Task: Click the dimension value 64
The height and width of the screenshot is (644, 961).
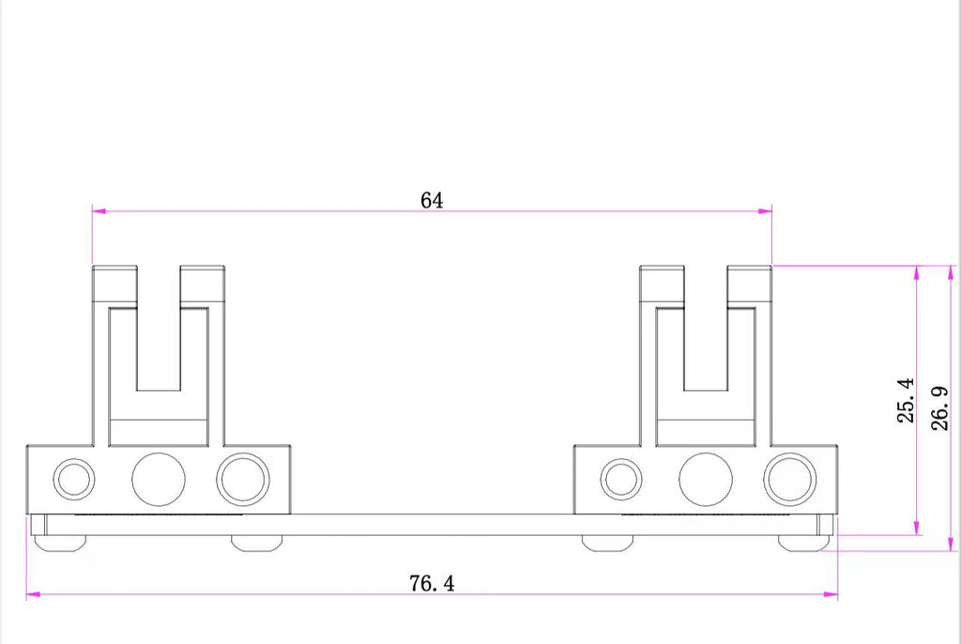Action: pos(432,200)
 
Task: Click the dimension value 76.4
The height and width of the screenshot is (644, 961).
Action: pos(432,583)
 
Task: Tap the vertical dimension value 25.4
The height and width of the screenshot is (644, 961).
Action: pos(906,400)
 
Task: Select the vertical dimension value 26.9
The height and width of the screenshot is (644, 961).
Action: pos(939,407)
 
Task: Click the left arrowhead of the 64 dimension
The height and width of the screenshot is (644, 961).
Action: pos(99,211)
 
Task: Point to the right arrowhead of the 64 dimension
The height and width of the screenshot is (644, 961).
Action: pos(765,211)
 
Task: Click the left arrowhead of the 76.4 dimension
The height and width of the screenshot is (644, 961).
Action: pos(34,593)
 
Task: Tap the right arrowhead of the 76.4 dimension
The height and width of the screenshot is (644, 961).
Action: pos(831,593)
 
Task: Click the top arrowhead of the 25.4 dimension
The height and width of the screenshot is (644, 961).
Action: pos(916,273)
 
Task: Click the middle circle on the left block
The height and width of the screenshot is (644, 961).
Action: pos(159,480)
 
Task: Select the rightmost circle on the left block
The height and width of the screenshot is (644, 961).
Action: pos(243,480)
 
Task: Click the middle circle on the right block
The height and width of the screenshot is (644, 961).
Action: pos(706,480)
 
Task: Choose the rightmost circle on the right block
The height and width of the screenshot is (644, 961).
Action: pos(790,480)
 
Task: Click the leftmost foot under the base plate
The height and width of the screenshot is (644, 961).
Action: pos(59,544)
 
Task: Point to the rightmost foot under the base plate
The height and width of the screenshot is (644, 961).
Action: pos(804,544)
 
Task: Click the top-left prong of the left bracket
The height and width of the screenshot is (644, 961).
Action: pos(114,284)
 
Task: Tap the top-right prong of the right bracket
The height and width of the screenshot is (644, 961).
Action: pos(750,284)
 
